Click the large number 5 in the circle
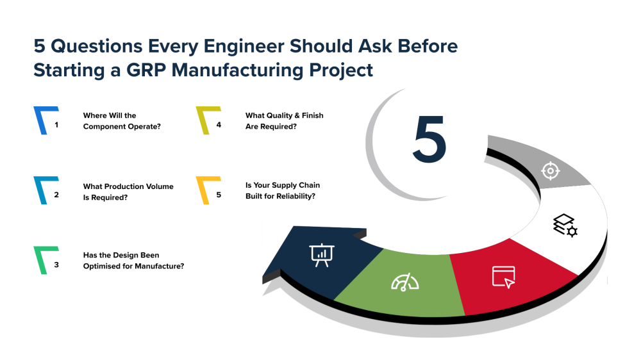click(x=429, y=139)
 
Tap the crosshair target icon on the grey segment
click(x=550, y=170)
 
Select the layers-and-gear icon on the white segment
click(x=565, y=225)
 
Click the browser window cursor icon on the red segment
click(x=504, y=277)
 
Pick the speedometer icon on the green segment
click(x=404, y=282)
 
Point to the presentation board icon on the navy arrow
click(x=322, y=255)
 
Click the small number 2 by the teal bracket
click(x=56, y=195)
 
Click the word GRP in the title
click(x=146, y=70)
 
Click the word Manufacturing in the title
click(x=238, y=70)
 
